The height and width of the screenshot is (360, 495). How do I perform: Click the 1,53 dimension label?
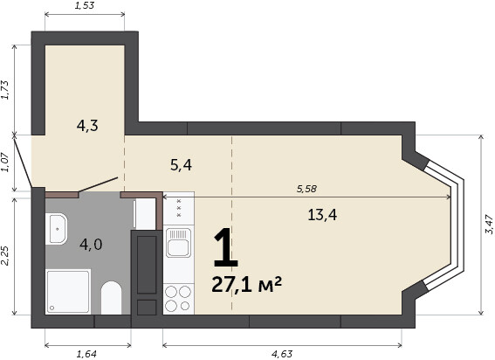(x=85, y=5)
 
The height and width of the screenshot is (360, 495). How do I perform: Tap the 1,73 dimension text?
(x=6, y=90)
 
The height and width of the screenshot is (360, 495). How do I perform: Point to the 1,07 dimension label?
(x=6, y=163)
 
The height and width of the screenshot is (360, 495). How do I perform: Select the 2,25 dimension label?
(x=6, y=256)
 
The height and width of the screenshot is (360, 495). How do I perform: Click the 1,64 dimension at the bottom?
(x=86, y=354)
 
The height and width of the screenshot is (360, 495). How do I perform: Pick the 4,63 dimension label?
(x=282, y=354)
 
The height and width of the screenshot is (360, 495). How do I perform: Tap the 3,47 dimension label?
(x=489, y=225)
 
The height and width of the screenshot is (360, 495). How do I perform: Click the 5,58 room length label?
(x=306, y=189)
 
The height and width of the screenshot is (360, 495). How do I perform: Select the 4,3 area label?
(x=87, y=126)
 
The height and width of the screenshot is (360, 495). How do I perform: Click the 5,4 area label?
(x=181, y=165)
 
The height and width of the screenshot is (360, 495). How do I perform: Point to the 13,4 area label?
(x=322, y=215)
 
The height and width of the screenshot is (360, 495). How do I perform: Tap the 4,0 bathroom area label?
(x=91, y=245)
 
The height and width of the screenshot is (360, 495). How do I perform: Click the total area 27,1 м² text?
(x=246, y=284)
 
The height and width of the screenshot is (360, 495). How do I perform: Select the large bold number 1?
(x=225, y=247)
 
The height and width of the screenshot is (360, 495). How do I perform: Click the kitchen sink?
(x=178, y=242)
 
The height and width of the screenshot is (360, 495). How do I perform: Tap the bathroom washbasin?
(x=56, y=229)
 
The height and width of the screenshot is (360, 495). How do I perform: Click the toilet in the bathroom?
(x=111, y=298)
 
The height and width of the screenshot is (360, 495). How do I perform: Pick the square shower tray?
(x=68, y=292)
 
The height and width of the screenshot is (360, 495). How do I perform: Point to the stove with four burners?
(x=178, y=299)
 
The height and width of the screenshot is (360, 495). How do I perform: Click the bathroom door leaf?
(x=98, y=184)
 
